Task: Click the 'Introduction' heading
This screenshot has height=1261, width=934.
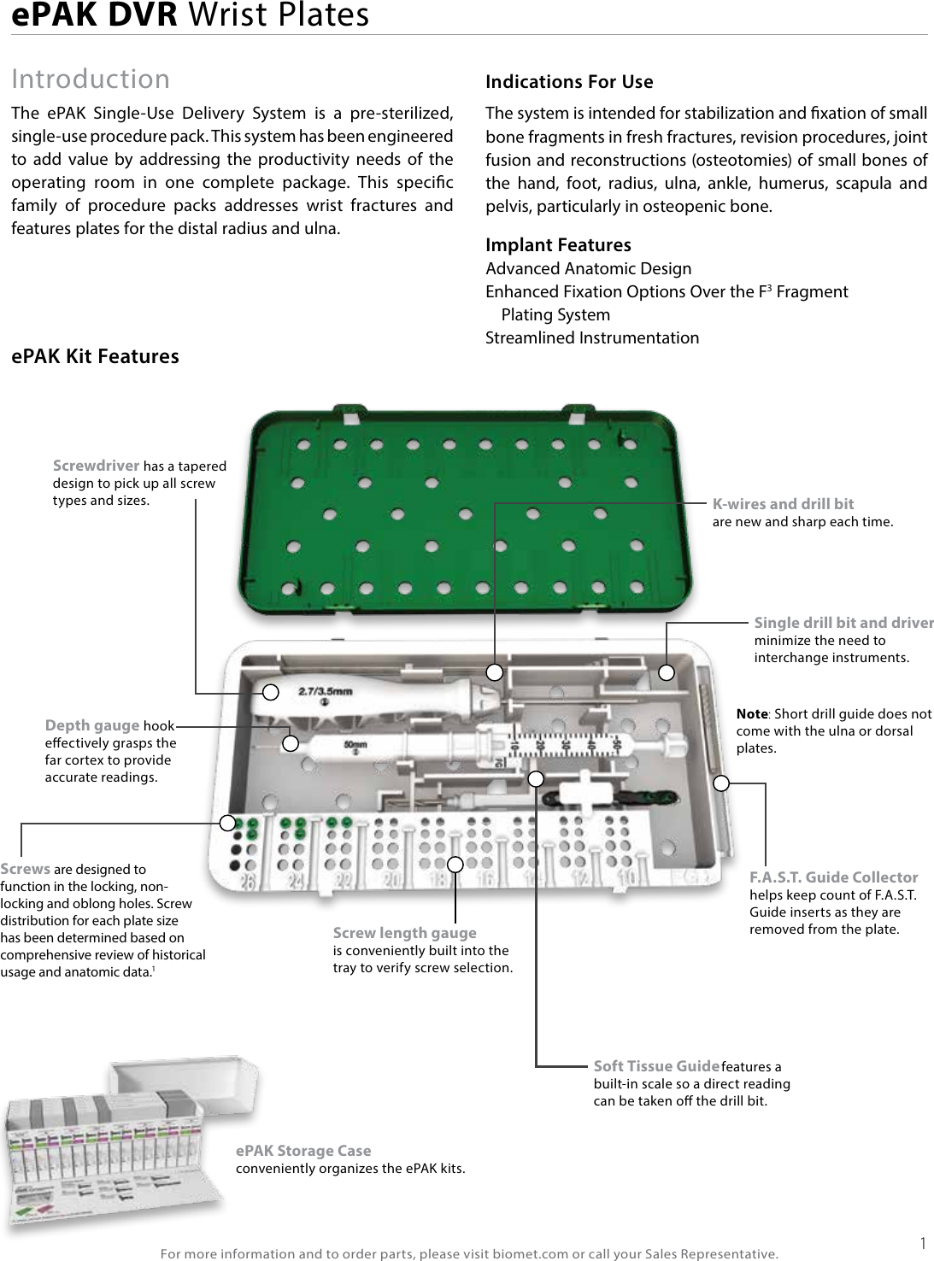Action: pyautogui.click(x=91, y=79)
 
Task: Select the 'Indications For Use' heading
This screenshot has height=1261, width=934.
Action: pyautogui.click(x=569, y=82)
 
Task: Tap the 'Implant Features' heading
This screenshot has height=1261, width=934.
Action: pyautogui.click(x=558, y=245)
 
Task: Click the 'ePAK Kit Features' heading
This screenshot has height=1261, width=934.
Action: pyautogui.click(x=95, y=356)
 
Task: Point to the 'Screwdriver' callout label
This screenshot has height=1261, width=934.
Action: pyautogui.click(x=96, y=466)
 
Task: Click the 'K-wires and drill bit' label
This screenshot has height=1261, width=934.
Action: pyautogui.click(x=783, y=504)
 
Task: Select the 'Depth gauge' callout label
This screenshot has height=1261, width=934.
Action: pyautogui.click(x=92, y=725)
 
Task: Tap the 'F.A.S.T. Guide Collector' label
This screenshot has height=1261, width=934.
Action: pyautogui.click(x=833, y=877)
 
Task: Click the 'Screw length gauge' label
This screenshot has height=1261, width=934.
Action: pyautogui.click(x=404, y=933)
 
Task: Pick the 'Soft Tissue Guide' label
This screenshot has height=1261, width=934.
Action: pyautogui.click(x=656, y=1065)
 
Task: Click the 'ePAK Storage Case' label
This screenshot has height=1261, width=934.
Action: pyautogui.click(x=303, y=1151)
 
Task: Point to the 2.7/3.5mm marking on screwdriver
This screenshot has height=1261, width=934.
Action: pyautogui.click(x=325, y=690)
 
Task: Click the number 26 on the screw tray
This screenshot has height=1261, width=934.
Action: pyautogui.click(x=248, y=881)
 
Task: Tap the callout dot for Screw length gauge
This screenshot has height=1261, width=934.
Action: pyautogui.click(x=455, y=864)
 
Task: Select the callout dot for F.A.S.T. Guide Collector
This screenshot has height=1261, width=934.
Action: pyautogui.click(x=722, y=782)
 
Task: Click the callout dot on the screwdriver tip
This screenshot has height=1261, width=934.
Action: pyautogui.click(x=270, y=691)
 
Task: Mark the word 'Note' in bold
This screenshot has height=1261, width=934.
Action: pyautogui.click(x=751, y=714)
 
